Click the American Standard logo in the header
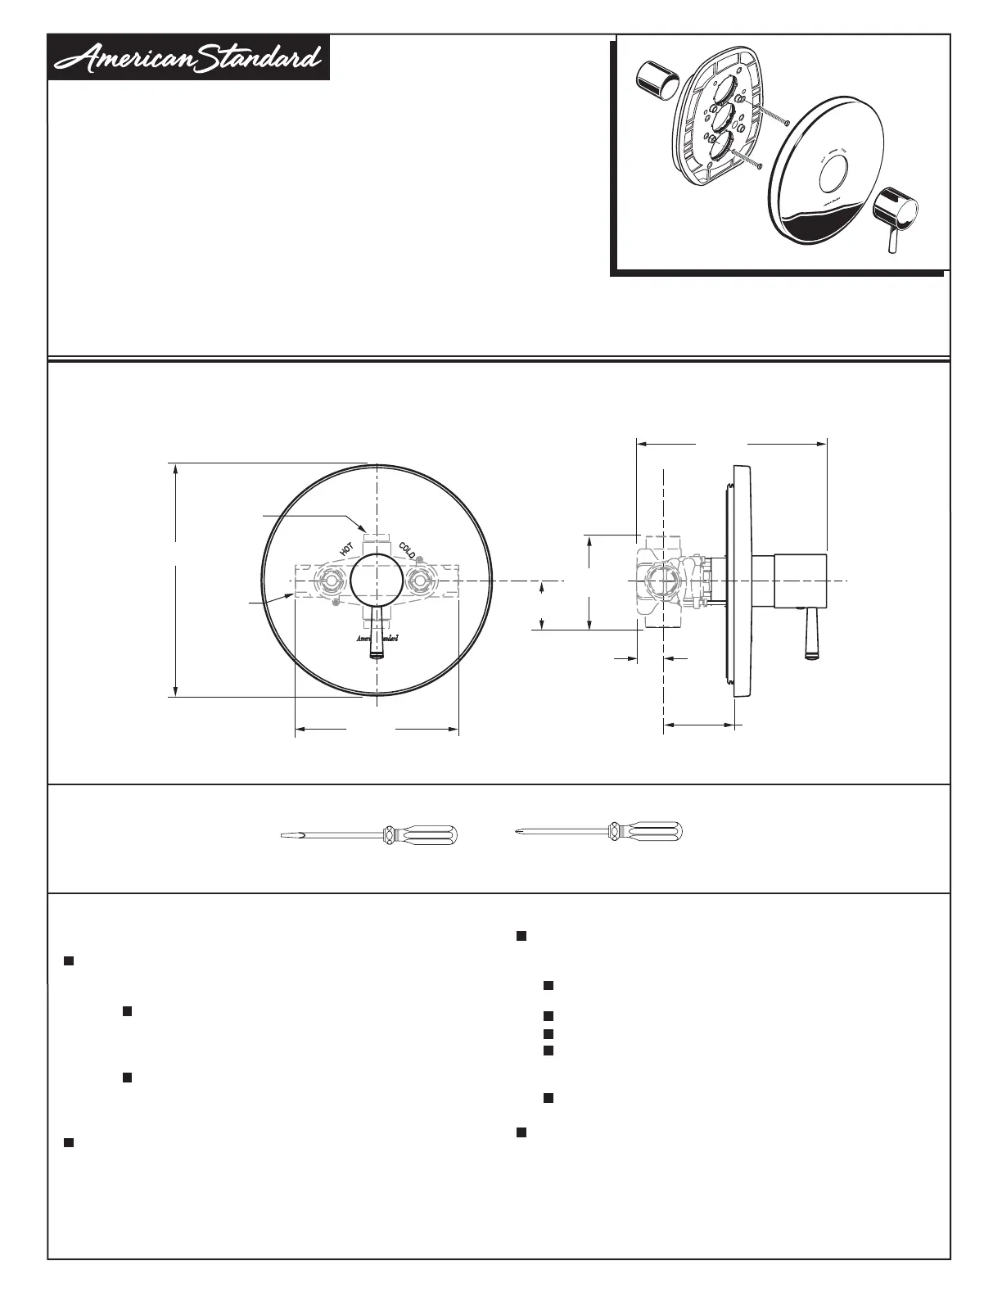tap(188, 58)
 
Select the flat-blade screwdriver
tap(369, 835)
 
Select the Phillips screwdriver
tap(597, 832)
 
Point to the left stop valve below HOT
tap(330, 581)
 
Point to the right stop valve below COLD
tap(420, 581)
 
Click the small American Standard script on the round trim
tap(377, 638)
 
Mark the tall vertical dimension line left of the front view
tap(175, 580)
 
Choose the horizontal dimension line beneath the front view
tap(377, 728)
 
